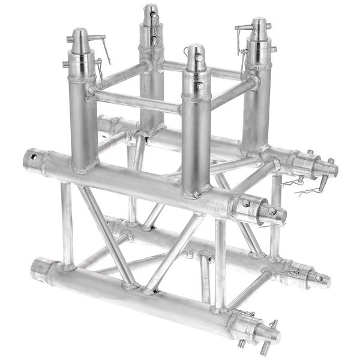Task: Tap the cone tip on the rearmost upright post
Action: (149, 13)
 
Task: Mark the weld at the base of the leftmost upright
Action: (84, 168)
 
